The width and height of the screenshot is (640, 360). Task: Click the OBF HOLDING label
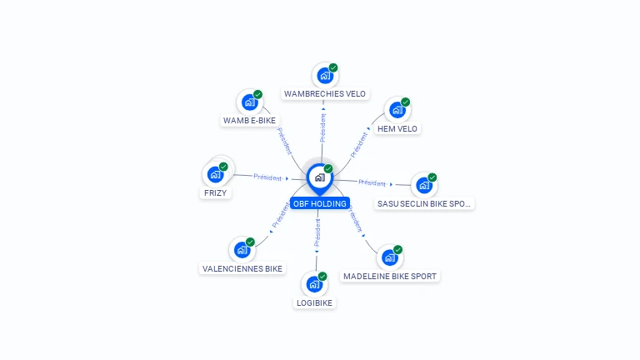tap(320, 203)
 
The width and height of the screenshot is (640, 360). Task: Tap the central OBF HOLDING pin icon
tap(320, 178)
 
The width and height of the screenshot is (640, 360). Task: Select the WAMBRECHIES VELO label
tap(325, 94)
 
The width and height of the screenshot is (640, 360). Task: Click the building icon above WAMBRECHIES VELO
tap(325, 76)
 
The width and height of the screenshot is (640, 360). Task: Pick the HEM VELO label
tap(397, 129)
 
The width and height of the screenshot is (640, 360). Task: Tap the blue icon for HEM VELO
tap(397, 110)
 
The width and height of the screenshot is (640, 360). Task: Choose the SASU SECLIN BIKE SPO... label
tap(423, 203)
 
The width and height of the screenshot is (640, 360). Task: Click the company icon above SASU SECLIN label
tap(424, 185)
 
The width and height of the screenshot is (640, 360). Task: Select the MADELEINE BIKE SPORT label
tap(390, 277)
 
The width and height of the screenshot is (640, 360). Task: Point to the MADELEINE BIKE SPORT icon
tap(390, 257)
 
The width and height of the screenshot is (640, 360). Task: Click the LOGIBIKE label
tap(314, 302)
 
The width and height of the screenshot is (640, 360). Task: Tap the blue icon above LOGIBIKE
tap(314, 284)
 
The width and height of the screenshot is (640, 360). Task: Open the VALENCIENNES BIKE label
tap(242, 269)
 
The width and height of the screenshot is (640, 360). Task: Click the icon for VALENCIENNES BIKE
tap(242, 250)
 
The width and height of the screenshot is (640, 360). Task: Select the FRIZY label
tap(215, 193)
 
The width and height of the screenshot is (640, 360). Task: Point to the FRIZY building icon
tap(215, 175)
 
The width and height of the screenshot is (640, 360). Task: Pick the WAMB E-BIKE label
tap(249, 120)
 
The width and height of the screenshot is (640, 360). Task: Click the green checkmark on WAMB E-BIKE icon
tap(257, 95)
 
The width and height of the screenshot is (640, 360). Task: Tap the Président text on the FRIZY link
tap(267, 177)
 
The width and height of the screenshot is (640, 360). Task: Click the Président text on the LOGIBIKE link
tap(317, 232)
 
